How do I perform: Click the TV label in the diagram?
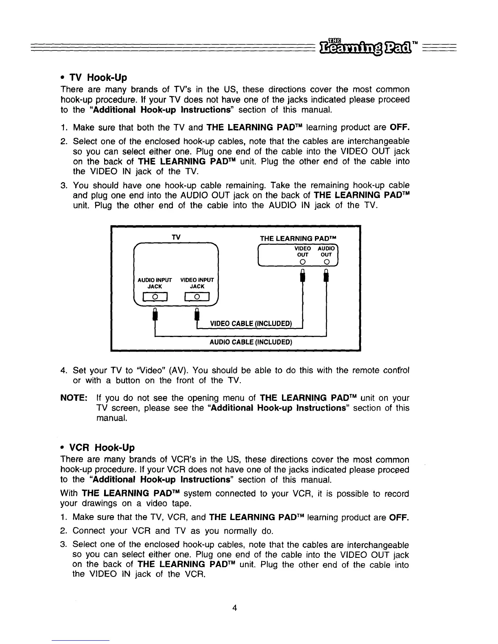(176, 237)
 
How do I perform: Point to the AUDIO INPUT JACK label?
(155, 283)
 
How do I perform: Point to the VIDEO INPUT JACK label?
(197, 283)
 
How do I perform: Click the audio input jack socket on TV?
(155, 297)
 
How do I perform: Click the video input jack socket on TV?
(197, 297)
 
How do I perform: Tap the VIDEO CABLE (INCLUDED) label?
(251, 324)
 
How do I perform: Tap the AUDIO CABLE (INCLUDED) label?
(251, 342)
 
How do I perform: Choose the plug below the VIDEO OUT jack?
(302, 276)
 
